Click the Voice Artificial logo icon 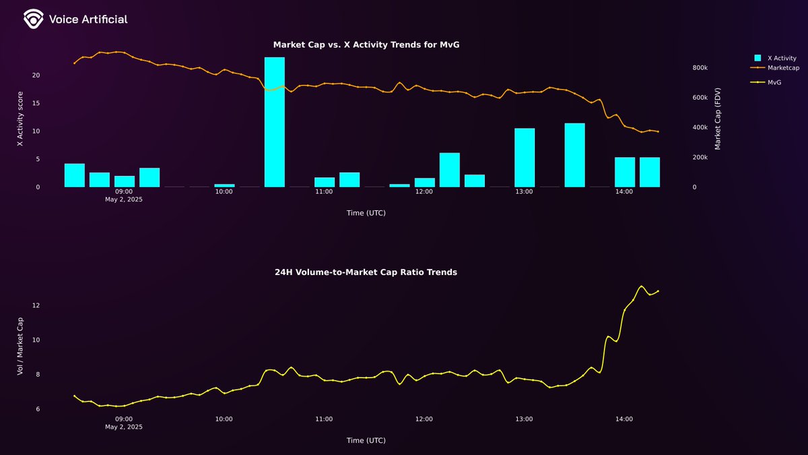point(33,20)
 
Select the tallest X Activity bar point(274,121)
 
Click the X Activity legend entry point(781,59)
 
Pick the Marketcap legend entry point(783,67)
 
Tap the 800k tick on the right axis point(699,68)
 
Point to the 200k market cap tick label point(699,157)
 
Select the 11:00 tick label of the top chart point(324,192)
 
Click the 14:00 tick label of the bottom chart point(624,419)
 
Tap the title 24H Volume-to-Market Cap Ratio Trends point(366,272)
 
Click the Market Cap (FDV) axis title point(718,119)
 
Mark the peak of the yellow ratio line point(641,286)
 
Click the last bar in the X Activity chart point(649,172)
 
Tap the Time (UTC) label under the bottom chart point(366,441)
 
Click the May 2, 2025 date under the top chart point(124,200)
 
